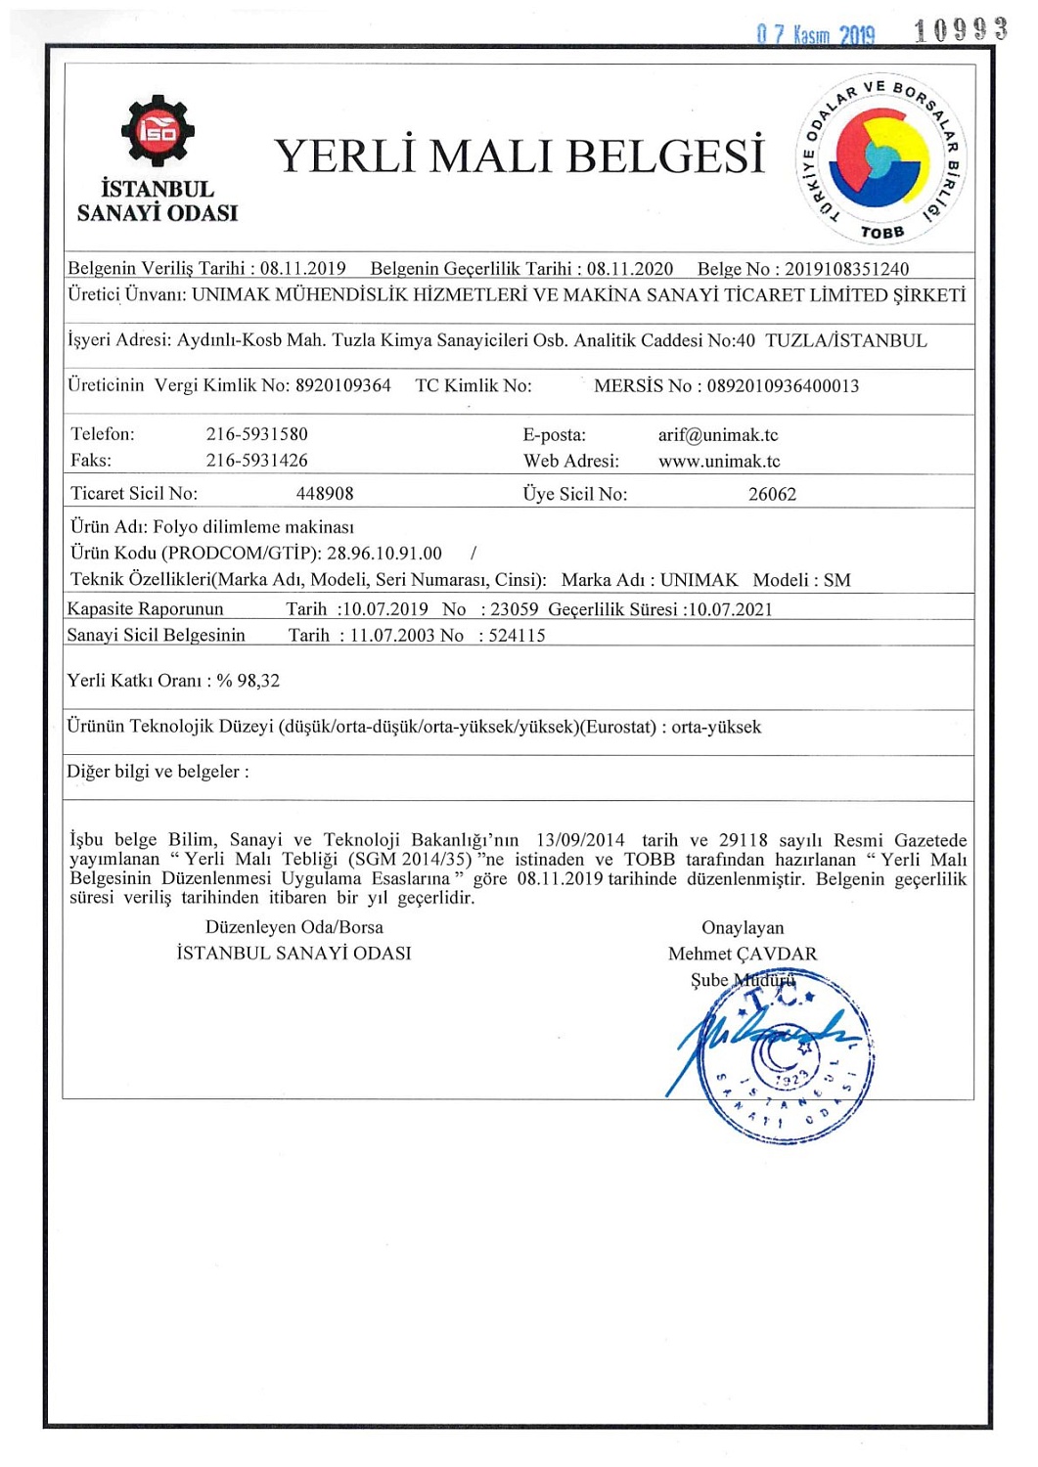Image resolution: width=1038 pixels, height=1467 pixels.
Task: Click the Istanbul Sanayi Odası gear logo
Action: coord(158,130)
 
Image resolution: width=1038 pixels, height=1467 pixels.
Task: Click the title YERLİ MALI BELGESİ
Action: coord(519,156)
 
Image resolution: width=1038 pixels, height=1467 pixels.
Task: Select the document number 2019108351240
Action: coord(846,269)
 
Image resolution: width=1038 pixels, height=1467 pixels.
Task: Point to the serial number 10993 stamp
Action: coord(961,31)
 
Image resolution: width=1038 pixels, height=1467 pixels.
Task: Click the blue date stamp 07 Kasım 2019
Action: coord(816,35)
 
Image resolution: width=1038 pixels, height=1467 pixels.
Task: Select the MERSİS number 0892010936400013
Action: coord(783,386)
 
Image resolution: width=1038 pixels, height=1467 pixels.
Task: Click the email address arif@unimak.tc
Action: coord(718,435)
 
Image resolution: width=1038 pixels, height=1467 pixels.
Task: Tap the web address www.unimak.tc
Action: coord(719,462)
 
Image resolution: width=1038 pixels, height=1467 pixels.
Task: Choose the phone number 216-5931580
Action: coord(256,434)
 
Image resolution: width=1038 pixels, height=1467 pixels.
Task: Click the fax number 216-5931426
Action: coord(256,461)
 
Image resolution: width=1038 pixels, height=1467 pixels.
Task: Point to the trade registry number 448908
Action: coord(325,494)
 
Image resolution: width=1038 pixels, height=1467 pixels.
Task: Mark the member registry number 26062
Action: coord(772,494)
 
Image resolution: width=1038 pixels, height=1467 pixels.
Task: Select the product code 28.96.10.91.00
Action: coord(384,554)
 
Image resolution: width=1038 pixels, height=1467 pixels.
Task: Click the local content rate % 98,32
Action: coord(248,681)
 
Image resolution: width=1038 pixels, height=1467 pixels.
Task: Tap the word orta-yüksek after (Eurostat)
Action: coord(716,728)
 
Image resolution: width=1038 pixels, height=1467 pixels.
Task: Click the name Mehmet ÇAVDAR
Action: coord(743,954)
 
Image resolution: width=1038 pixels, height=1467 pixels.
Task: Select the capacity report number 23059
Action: coord(515,609)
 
